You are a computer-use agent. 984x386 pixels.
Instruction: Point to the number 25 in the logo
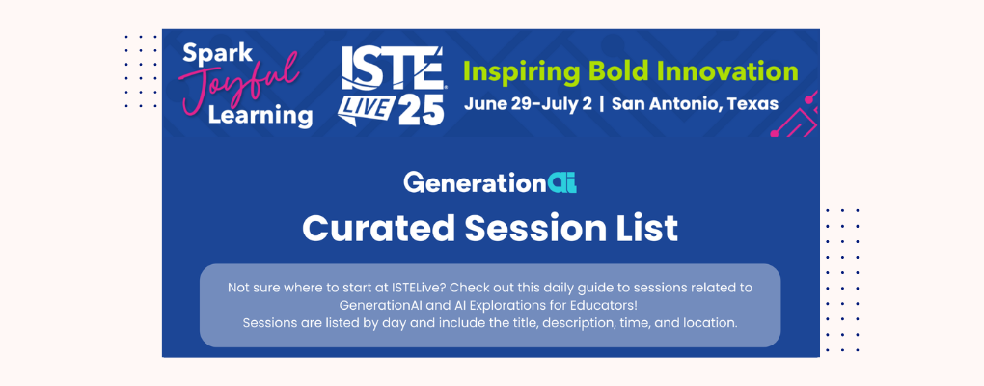click(x=418, y=109)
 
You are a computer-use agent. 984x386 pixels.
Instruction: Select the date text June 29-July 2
click(x=527, y=104)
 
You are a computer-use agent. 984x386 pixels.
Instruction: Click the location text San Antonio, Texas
click(x=696, y=104)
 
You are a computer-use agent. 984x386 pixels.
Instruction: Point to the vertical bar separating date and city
click(x=602, y=104)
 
